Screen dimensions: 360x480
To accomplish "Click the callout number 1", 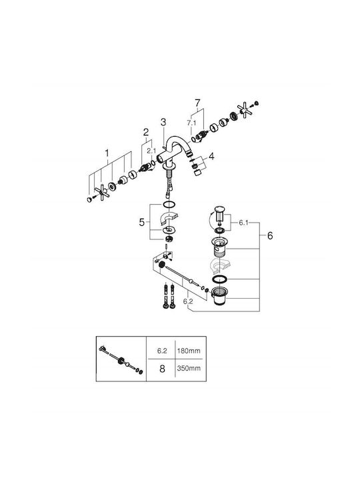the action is (x=107, y=152).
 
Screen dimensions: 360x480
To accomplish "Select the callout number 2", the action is (x=146, y=132).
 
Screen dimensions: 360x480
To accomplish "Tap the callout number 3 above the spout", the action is (x=163, y=122).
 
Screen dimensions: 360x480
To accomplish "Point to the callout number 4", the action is (x=211, y=157).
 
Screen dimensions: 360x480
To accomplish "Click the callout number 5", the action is (x=141, y=222).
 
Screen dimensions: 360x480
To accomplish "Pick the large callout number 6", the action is (x=270, y=236).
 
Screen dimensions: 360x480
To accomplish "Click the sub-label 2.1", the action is (x=151, y=151).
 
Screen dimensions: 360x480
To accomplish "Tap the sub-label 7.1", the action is (x=191, y=123).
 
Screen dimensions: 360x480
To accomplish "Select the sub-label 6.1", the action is (x=243, y=223).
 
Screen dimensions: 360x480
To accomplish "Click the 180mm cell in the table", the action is (x=189, y=351).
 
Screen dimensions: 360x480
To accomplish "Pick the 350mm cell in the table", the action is (x=189, y=368).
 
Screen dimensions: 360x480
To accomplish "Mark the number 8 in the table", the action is (x=162, y=369).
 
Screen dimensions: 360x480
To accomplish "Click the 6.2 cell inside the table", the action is (x=162, y=351).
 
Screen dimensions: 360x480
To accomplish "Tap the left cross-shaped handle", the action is (x=101, y=192).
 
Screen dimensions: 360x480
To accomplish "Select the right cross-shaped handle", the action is (x=245, y=110).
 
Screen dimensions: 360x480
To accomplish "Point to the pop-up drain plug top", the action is (x=219, y=209).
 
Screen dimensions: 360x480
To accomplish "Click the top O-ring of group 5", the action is (x=169, y=204).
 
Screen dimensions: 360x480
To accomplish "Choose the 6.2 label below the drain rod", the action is (x=188, y=301).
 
